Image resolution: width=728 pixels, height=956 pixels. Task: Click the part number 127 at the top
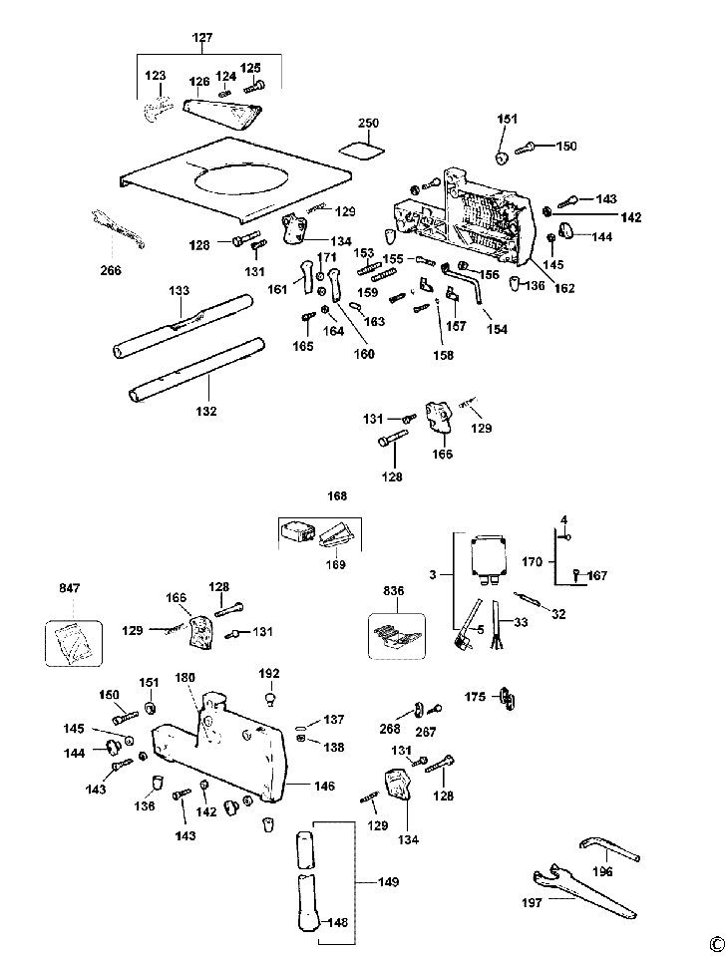pyautogui.click(x=202, y=38)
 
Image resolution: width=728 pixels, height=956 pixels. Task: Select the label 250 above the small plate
pyautogui.click(x=369, y=123)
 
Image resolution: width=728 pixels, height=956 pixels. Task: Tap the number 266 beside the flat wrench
pyautogui.click(x=110, y=269)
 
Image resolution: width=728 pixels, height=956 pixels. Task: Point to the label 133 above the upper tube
pyautogui.click(x=180, y=290)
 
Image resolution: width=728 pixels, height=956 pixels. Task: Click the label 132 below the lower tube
pyautogui.click(x=206, y=410)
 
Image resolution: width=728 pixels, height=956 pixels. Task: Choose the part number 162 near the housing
pyautogui.click(x=564, y=288)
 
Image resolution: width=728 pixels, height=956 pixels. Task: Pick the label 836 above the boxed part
pyautogui.click(x=394, y=591)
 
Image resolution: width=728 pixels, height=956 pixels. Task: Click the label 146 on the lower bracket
pyautogui.click(x=324, y=787)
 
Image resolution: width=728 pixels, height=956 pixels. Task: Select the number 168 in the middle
pyautogui.click(x=336, y=495)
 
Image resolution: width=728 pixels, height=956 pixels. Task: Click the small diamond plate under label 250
pyautogui.click(x=364, y=149)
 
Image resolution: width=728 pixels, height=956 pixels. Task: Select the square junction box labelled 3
pyautogui.click(x=488, y=553)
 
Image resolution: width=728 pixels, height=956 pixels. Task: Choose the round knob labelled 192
pyautogui.click(x=270, y=695)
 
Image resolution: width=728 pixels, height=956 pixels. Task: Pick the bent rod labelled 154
pyautogui.click(x=474, y=285)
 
